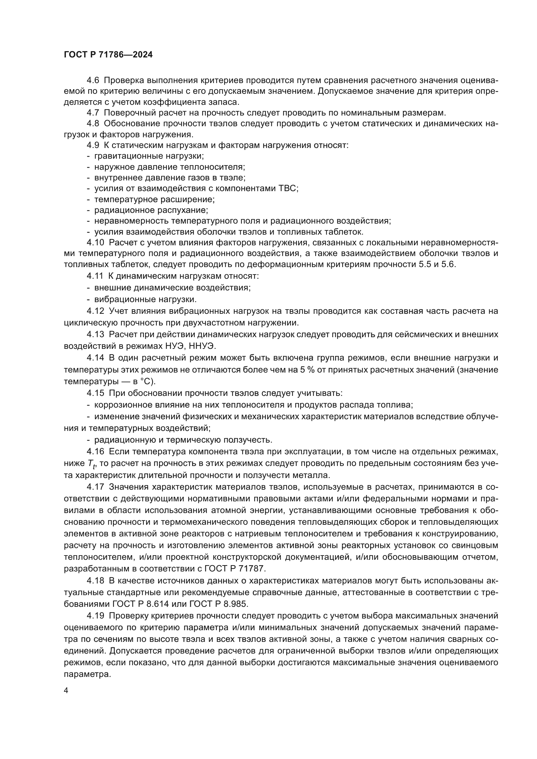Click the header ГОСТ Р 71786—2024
point(108,55)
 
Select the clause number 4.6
point(93,80)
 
